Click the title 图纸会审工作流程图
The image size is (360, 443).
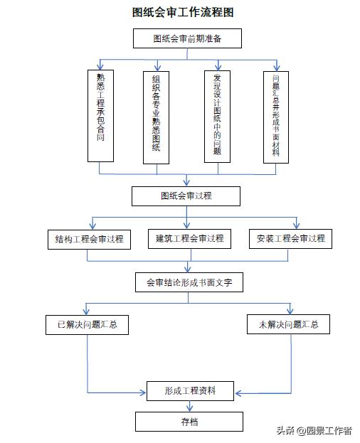click(x=183, y=12)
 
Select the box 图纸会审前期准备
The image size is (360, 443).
click(x=187, y=38)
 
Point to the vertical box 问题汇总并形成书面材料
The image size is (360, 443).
click(x=275, y=117)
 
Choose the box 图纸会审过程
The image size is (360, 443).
click(x=186, y=196)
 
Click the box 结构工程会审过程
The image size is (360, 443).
click(x=89, y=239)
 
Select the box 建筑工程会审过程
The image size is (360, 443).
click(x=190, y=238)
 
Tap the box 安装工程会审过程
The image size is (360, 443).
click(x=291, y=238)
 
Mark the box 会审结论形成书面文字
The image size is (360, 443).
click(x=189, y=282)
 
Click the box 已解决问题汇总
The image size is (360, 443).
click(x=88, y=326)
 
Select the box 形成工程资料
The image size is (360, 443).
click(x=190, y=390)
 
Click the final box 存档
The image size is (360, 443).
click(x=189, y=422)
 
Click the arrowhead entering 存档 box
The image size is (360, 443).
click(x=189, y=409)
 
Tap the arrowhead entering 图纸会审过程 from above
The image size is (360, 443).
click(x=186, y=183)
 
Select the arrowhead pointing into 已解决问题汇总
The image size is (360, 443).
click(x=87, y=312)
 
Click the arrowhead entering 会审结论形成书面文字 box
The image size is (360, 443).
click(x=188, y=269)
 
